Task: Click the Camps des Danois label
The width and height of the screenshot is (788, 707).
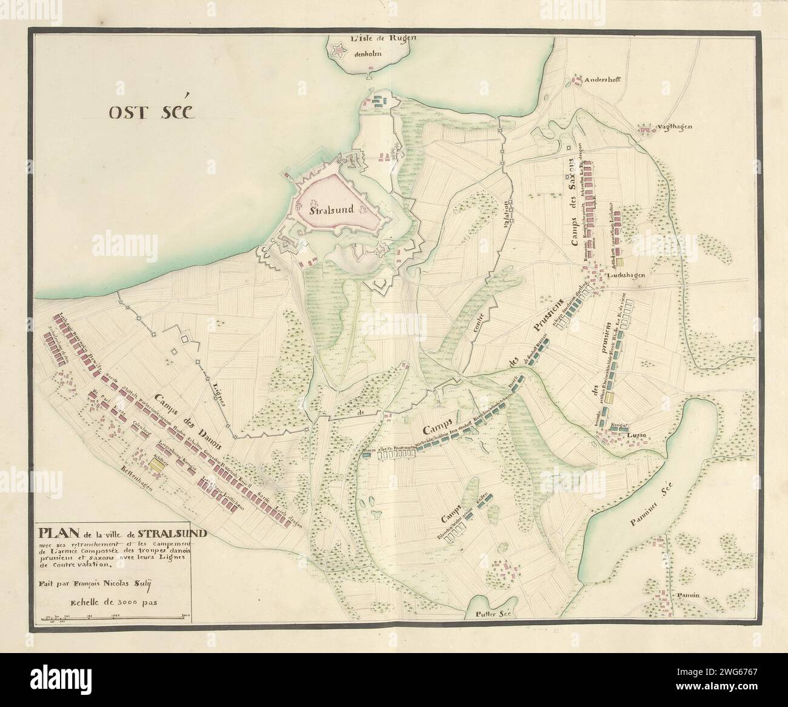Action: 182,418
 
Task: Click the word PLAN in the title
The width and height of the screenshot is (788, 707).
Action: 59,534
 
